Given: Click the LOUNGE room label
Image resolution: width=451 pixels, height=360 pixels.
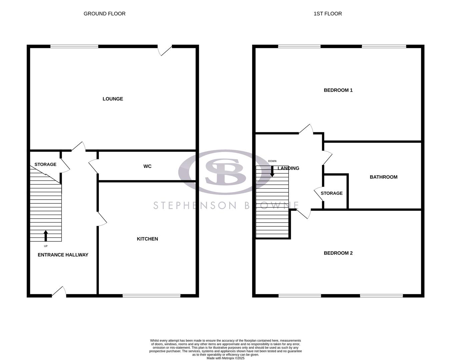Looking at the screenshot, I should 113,99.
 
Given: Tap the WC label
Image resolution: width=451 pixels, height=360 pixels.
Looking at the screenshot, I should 147,166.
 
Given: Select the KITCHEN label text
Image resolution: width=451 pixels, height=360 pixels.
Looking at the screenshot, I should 147,239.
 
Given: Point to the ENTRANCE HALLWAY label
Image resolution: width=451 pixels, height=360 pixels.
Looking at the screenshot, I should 63,255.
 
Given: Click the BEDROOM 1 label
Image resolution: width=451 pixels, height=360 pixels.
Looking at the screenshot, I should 338,90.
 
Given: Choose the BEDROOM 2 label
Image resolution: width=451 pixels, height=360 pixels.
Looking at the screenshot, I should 338,253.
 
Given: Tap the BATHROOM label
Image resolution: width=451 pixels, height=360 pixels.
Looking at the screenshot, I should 383,177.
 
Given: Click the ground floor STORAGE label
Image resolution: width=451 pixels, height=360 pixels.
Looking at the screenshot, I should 45,164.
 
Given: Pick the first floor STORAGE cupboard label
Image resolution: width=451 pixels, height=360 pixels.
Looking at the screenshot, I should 332,193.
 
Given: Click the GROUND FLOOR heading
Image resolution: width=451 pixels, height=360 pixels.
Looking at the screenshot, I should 104,14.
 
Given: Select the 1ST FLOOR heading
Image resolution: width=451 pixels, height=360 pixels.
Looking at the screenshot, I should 328,14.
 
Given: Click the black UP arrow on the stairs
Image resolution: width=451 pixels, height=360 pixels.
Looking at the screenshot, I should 46,235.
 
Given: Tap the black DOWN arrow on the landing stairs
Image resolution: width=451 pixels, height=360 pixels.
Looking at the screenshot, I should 272,171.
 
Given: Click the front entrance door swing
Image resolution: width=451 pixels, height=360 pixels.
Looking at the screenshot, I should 59,291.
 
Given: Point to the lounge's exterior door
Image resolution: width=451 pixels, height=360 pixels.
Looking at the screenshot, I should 165,50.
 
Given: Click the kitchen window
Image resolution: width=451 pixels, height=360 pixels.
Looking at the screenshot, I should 151,295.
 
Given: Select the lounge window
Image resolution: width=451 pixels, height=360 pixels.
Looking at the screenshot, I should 74,46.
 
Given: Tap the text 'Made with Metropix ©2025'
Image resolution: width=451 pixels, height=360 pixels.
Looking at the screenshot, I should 225,358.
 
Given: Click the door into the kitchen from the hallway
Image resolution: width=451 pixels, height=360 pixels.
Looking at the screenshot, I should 102,219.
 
